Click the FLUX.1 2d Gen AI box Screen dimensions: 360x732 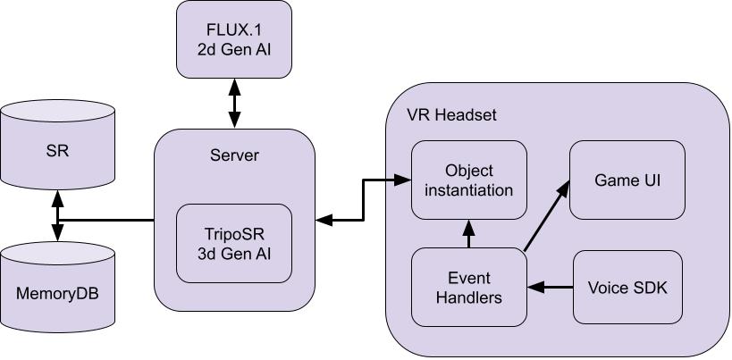[234, 40]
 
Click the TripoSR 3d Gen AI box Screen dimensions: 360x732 [234, 242]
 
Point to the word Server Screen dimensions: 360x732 [234, 155]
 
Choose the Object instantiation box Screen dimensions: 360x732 [468, 180]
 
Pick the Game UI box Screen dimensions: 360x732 [627, 180]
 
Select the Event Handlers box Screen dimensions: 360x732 [468, 287]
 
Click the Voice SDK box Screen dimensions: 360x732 [627, 287]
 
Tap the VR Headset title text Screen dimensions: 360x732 [450, 115]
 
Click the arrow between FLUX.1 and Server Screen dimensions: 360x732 [234, 104]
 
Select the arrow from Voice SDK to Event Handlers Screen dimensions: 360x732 [550, 287]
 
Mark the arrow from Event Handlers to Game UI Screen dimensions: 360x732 [546, 215]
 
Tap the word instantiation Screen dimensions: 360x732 [468, 189]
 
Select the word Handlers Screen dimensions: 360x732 [468, 297]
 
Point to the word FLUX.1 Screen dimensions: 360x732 [234, 30]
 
